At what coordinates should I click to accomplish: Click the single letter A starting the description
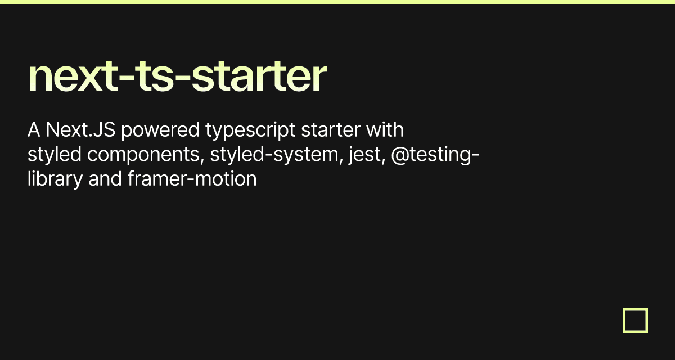(34, 130)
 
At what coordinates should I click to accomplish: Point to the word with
(385, 130)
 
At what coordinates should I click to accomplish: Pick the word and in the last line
(105, 179)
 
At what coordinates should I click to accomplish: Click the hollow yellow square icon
(635, 320)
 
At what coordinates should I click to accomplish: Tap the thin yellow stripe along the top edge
(337, 2)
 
